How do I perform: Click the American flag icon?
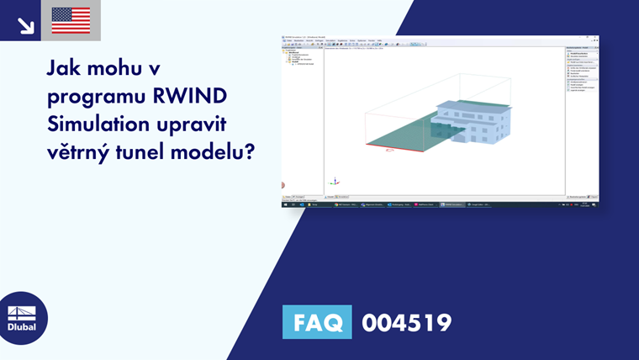click(71, 20)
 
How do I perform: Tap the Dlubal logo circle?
click(22, 318)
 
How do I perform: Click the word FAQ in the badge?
click(317, 322)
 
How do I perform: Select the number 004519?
click(406, 322)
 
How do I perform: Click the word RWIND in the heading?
click(189, 98)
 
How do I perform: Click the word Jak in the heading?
click(63, 69)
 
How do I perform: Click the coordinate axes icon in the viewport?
click(335, 180)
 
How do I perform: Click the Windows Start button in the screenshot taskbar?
click(285, 204)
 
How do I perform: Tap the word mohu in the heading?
click(119, 69)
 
